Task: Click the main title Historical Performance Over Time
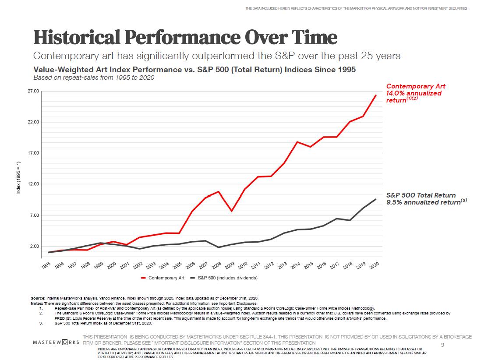(185, 38)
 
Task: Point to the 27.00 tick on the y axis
(34, 91)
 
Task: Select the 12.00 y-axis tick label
(34, 184)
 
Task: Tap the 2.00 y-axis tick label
(34, 246)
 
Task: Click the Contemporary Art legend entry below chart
(163, 278)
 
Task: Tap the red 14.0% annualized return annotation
(414, 93)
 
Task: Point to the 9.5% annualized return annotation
(423, 202)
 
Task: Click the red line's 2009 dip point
(232, 211)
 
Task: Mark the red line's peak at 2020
(375, 95)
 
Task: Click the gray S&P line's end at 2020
(375, 199)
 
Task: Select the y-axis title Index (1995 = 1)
(18, 184)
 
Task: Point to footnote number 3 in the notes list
(40, 323)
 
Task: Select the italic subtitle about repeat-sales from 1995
(94, 78)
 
